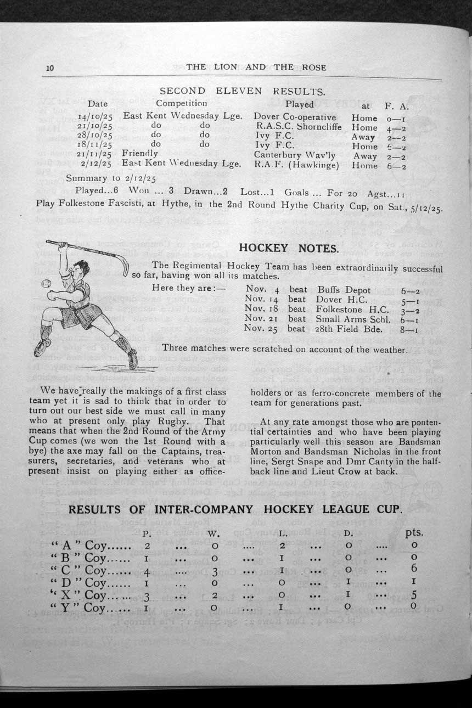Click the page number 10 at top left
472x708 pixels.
pyautogui.click(x=50, y=68)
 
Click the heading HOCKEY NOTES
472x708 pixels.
pyautogui.click(x=289, y=248)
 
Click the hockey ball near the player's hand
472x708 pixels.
pyautogui.click(x=47, y=286)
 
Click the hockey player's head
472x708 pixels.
pyautogui.click(x=81, y=270)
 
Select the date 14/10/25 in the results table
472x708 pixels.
pyautogui.click(x=95, y=117)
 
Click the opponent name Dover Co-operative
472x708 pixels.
pyautogui.click(x=295, y=117)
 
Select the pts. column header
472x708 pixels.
pyautogui.click(x=413, y=532)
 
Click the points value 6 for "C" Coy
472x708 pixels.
pyautogui.click(x=414, y=569)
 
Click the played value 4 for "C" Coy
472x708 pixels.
pyautogui.click(x=147, y=570)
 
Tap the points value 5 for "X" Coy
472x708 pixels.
pyautogui.click(x=414, y=594)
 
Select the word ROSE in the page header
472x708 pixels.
pyautogui.click(x=314, y=68)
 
